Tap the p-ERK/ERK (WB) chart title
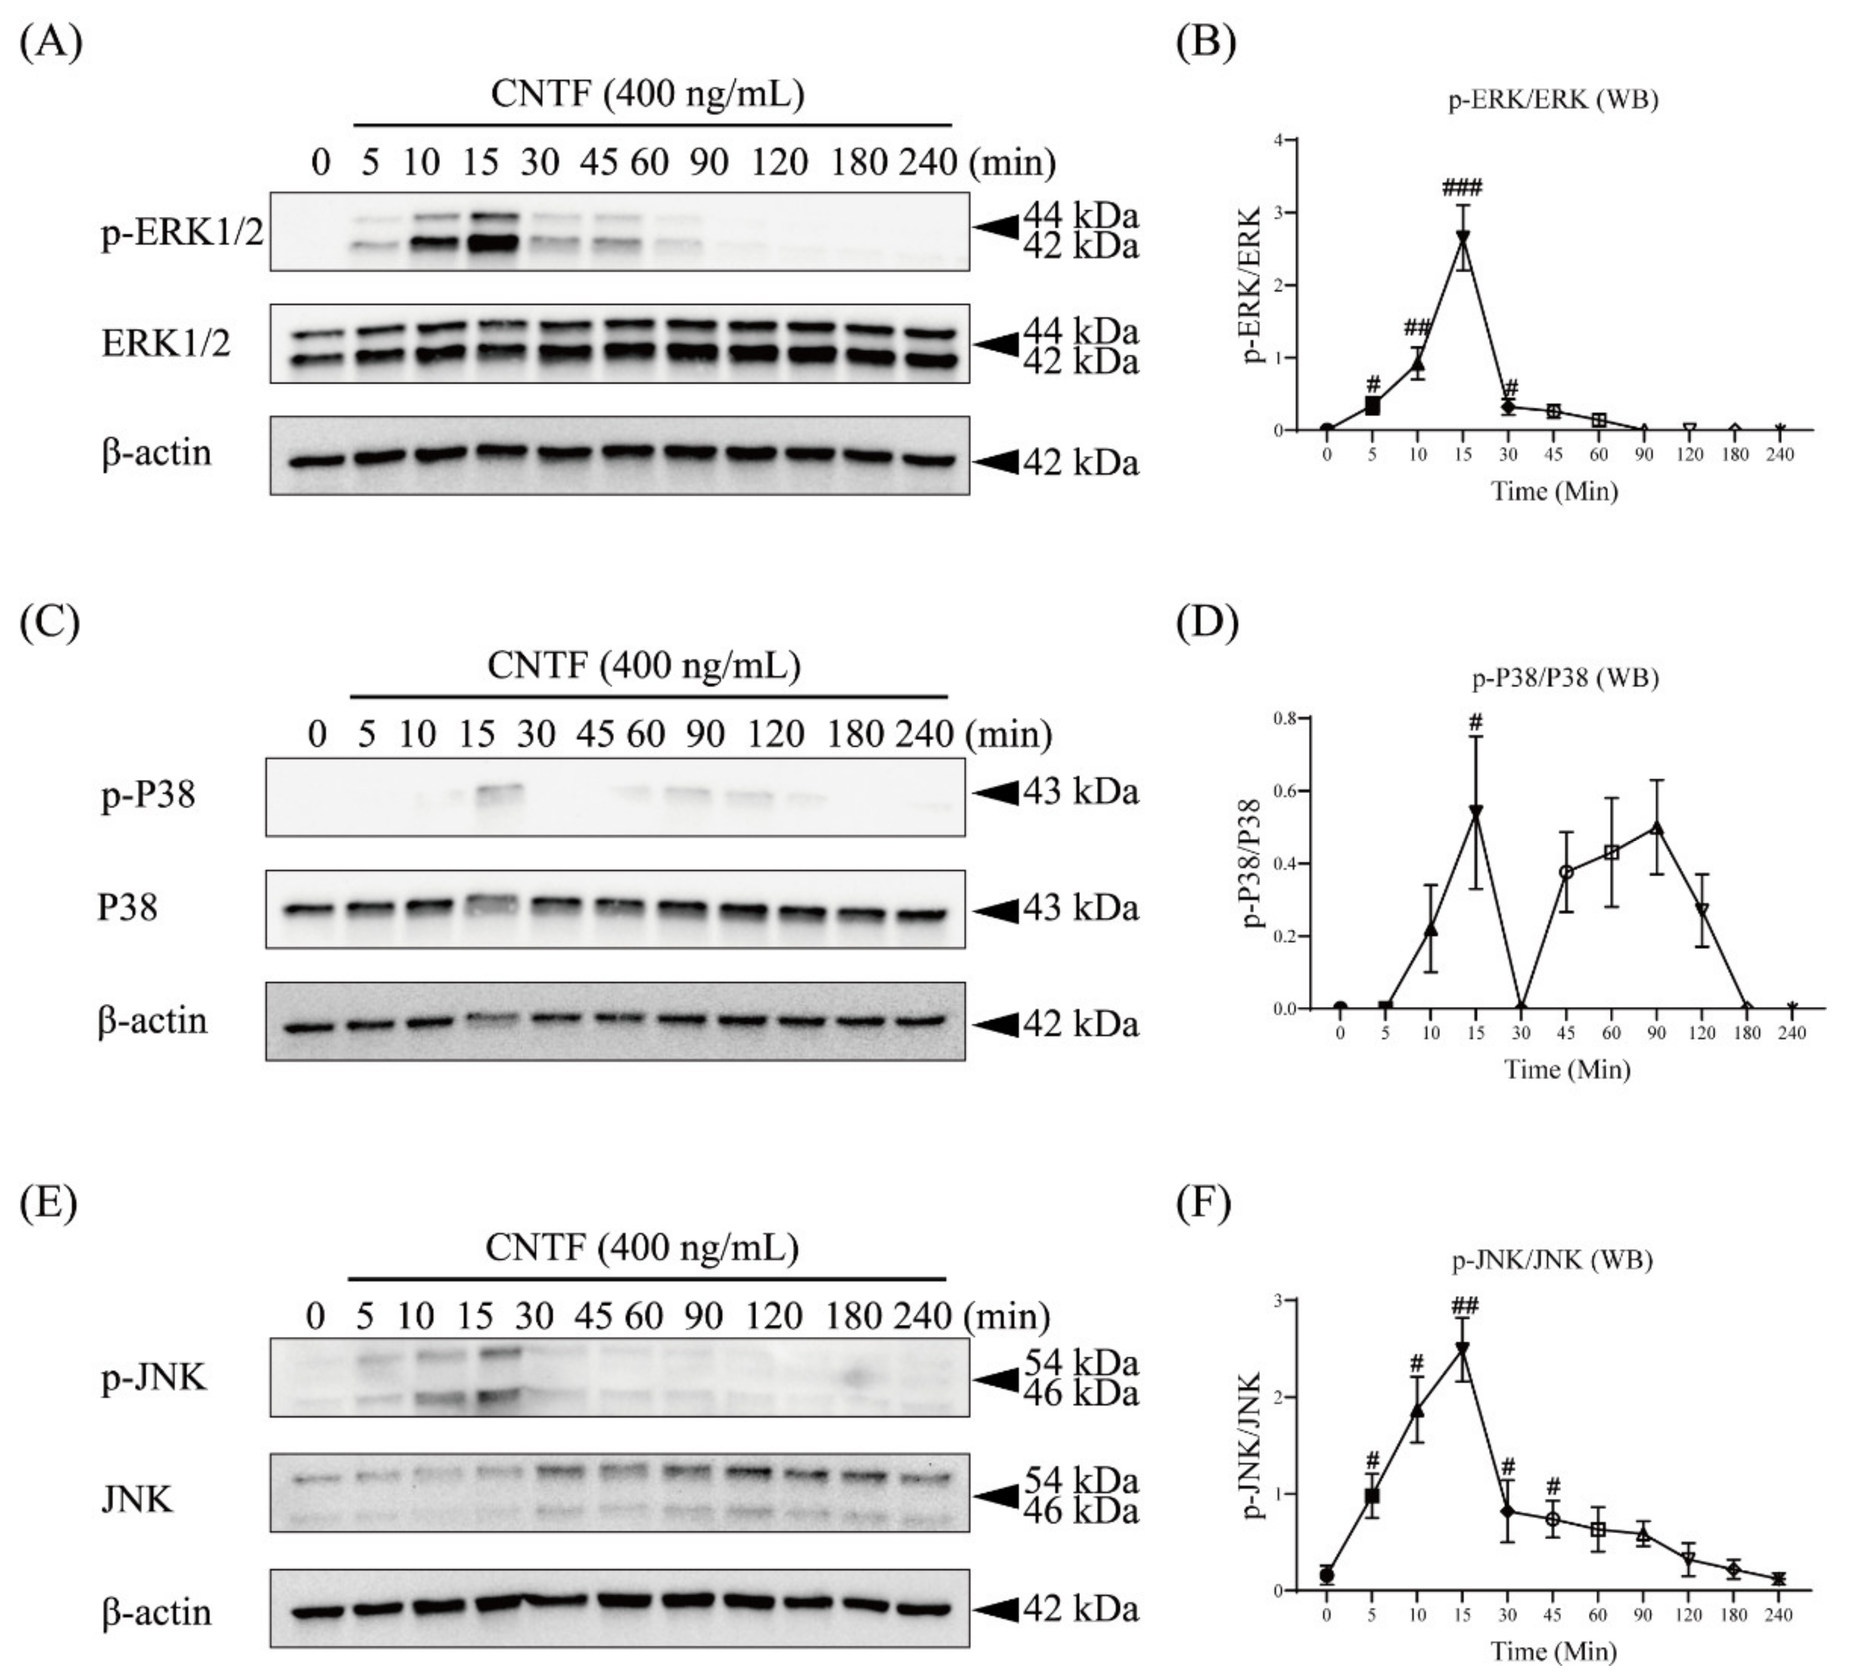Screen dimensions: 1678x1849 (1553, 100)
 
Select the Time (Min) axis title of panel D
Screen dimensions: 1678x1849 (1567, 1069)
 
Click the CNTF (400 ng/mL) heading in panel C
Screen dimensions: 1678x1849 (644, 665)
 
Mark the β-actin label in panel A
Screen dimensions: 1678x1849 (156, 452)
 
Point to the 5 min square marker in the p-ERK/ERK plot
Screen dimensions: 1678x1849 (1372, 406)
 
